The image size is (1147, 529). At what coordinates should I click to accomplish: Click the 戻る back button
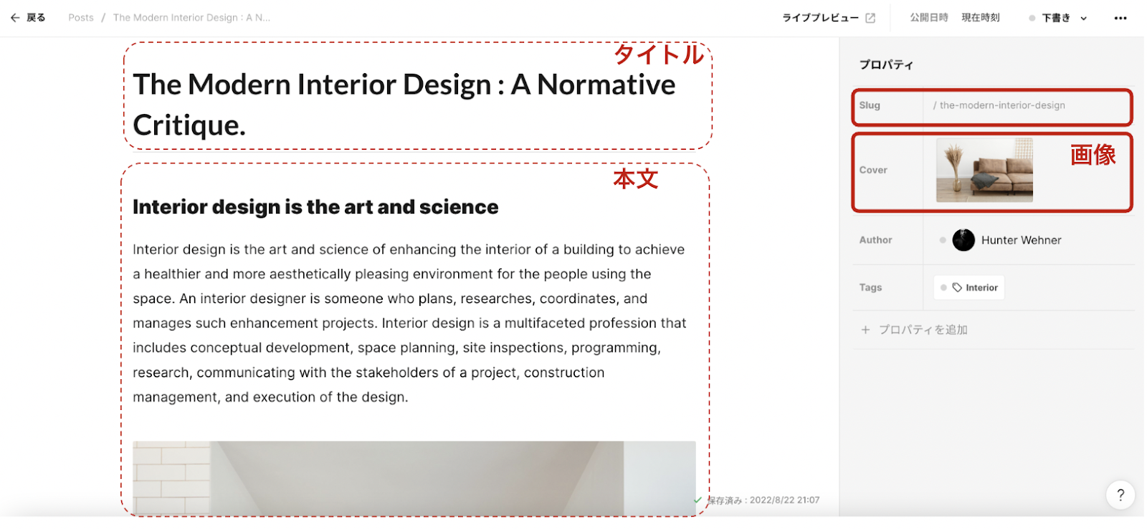click(x=28, y=18)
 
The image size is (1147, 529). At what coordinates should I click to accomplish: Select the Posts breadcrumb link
click(x=81, y=18)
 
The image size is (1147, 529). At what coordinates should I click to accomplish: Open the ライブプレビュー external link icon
click(x=870, y=18)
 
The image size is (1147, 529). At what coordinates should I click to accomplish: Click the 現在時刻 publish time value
click(x=981, y=18)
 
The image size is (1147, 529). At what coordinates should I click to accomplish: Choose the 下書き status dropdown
click(x=1058, y=18)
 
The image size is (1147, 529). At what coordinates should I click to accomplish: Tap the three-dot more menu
click(x=1120, y=18)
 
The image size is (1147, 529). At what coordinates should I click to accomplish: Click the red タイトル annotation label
click(x=659, y=54)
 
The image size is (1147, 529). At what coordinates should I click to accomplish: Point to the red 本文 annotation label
click(x=635, y=178)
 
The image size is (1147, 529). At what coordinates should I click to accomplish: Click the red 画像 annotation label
click(x=1093, y=155)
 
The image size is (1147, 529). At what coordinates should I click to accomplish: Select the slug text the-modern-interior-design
click(x=1002, y=105)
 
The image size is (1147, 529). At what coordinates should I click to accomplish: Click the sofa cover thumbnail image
click(x=984, y=170)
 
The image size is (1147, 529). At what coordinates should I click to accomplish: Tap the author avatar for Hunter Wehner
click(x=963, y=240)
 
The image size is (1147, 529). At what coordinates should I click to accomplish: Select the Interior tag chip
click(x=968, y=288)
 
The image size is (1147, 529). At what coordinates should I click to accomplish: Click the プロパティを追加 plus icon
click(x=865, y=330)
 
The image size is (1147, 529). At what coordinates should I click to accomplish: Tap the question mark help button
click(x=1120, y=495)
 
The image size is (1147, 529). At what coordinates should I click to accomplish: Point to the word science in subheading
click(x=459, y=207)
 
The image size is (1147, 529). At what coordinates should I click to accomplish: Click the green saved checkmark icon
click(x=698, y=500)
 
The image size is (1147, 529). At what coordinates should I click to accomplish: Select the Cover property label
click(x=873, y=170)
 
